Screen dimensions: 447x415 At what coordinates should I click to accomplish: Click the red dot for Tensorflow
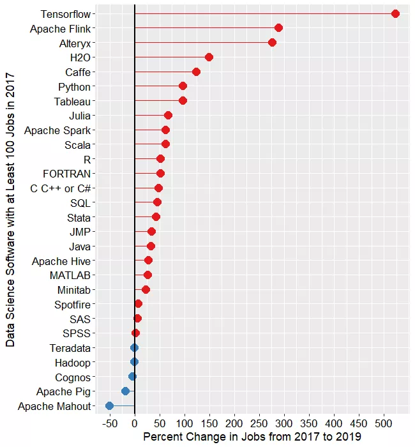[395, 13]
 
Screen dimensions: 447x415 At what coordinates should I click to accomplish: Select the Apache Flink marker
[278, 28]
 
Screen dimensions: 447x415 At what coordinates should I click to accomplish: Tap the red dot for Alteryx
[272, 43]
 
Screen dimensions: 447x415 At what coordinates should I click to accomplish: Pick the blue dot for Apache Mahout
[109, 405]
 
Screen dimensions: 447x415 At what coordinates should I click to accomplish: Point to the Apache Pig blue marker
[125, 391]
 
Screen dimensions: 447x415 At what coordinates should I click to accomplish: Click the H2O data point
[209, 57]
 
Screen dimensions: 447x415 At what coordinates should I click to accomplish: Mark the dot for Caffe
[196, 72]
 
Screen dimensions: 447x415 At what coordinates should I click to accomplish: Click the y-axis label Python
[74, 87]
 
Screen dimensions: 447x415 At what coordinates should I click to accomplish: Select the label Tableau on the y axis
[72, 102]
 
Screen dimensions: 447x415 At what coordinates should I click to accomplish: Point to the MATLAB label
[70, 275]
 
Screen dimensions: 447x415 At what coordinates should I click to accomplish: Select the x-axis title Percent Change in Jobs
[252, 437]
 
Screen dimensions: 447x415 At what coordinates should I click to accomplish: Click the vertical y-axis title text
[11, 209]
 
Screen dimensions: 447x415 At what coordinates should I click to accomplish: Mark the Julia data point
[168, 116]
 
